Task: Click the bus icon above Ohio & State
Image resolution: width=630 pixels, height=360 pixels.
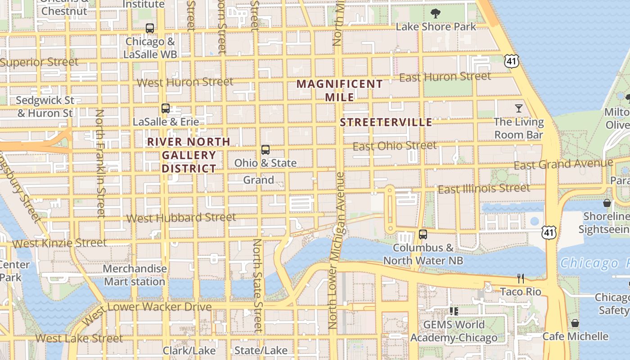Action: (x=265, y=150)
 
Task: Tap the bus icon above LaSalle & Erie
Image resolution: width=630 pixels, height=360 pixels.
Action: (x=166, y=108)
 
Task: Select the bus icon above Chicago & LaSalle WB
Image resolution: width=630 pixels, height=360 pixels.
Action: (x=150, y=28)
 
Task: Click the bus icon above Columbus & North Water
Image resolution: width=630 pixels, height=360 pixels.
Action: (x=423, y=234)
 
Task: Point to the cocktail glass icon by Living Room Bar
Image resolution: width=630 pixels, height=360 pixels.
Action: (x=519, y=108)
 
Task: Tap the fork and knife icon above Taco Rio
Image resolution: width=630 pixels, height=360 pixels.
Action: (x=521, y=279)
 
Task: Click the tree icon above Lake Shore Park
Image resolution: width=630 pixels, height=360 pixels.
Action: (x=435, y=13)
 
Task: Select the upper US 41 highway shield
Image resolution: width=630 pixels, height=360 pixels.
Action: (x=512, y=61)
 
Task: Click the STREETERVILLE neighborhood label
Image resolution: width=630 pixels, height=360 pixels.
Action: (x=386, y=122)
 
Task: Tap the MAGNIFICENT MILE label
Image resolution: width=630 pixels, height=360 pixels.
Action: (x=340, y=90)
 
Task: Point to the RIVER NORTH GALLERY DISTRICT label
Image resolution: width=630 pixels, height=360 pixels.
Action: (x=189, y=155)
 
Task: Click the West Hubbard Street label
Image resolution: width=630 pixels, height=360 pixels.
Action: (x=181, y=218)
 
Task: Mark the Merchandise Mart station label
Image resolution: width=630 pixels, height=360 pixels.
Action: (x=135, y=275)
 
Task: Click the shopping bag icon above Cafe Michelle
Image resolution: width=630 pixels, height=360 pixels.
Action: (x=575, y=323)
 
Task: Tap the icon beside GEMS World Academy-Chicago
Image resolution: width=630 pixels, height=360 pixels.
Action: (x=454, y=311)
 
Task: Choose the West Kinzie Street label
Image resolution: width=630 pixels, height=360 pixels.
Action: (x=59, y=243)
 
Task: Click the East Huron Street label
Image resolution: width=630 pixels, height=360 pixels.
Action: (x=445, y=77)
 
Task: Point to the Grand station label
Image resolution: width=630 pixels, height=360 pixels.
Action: (x=258, y=180)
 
